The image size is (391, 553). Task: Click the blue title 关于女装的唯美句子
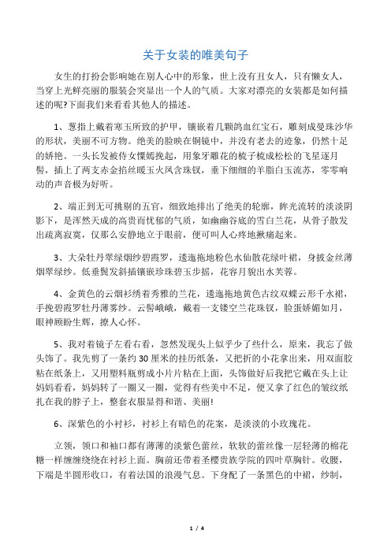pyautogui.click(x=195, y=55)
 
